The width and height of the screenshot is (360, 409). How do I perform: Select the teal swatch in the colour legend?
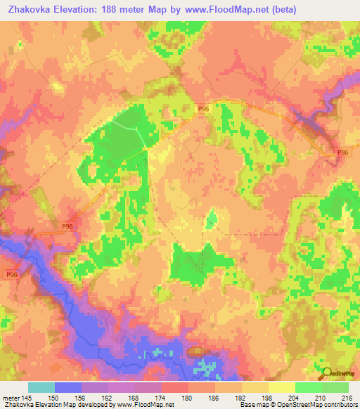click(41, 387)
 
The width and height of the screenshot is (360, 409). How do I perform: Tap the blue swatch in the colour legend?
click(68, 387)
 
